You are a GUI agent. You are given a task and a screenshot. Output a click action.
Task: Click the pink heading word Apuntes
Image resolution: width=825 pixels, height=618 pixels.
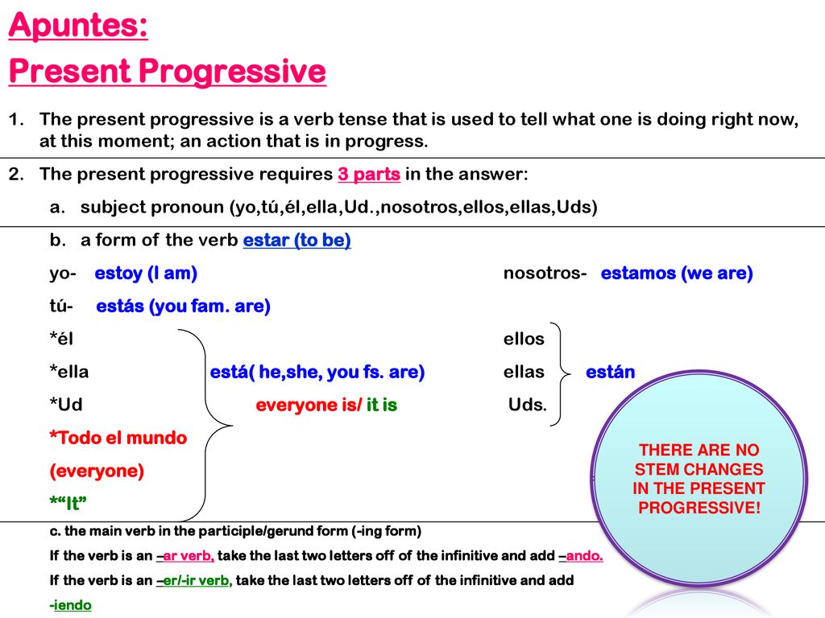[x=78, y=26]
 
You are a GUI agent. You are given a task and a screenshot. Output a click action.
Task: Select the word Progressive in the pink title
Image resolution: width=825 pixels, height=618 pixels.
[x=232, y=72]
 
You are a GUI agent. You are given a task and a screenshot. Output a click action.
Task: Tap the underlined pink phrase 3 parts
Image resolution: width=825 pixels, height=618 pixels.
[x=369, y=174]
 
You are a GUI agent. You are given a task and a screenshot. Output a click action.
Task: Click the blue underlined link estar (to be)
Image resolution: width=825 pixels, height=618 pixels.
[x=296, y=240]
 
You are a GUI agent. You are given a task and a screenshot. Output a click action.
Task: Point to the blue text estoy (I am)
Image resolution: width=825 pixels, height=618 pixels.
[x=146, y=274]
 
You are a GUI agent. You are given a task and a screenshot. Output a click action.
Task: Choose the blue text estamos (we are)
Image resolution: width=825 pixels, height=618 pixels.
[x=677, y=274]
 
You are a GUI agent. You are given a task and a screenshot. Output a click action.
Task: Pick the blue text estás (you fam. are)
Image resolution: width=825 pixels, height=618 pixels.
[x=183, y=306]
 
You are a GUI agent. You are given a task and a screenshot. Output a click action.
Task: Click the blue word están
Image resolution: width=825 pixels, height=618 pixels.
[x=611, y=372]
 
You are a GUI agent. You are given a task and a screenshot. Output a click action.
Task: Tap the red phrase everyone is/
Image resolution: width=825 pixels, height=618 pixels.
[x=309, y=406]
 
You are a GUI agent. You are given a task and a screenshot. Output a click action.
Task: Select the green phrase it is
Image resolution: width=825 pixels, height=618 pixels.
[x=381, y=406]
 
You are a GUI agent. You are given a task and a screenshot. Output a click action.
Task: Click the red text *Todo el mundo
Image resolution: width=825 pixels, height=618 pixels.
[x=118, y=438]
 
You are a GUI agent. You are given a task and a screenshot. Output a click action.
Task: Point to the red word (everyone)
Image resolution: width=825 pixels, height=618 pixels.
[x=97, y=471]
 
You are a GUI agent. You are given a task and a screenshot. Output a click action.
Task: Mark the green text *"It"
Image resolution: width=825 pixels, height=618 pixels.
[x=68, y=503]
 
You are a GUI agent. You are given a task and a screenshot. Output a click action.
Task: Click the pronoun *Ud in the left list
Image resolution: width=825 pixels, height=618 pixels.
[x=66, y=405]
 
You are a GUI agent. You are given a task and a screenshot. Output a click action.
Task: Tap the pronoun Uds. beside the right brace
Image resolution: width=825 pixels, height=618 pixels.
[x=527, y=405]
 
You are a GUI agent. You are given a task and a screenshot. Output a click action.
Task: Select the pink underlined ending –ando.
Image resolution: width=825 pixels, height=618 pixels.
[x=581, y=555]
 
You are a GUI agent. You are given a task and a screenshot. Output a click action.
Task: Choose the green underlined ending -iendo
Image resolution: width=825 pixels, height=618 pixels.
[x=71, y=605]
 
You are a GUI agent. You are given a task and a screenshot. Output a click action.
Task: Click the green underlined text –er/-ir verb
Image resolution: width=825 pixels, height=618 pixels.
[x=194, y=580]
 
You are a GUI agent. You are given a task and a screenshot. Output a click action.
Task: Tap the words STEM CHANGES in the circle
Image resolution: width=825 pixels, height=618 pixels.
[x=699, y=469]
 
